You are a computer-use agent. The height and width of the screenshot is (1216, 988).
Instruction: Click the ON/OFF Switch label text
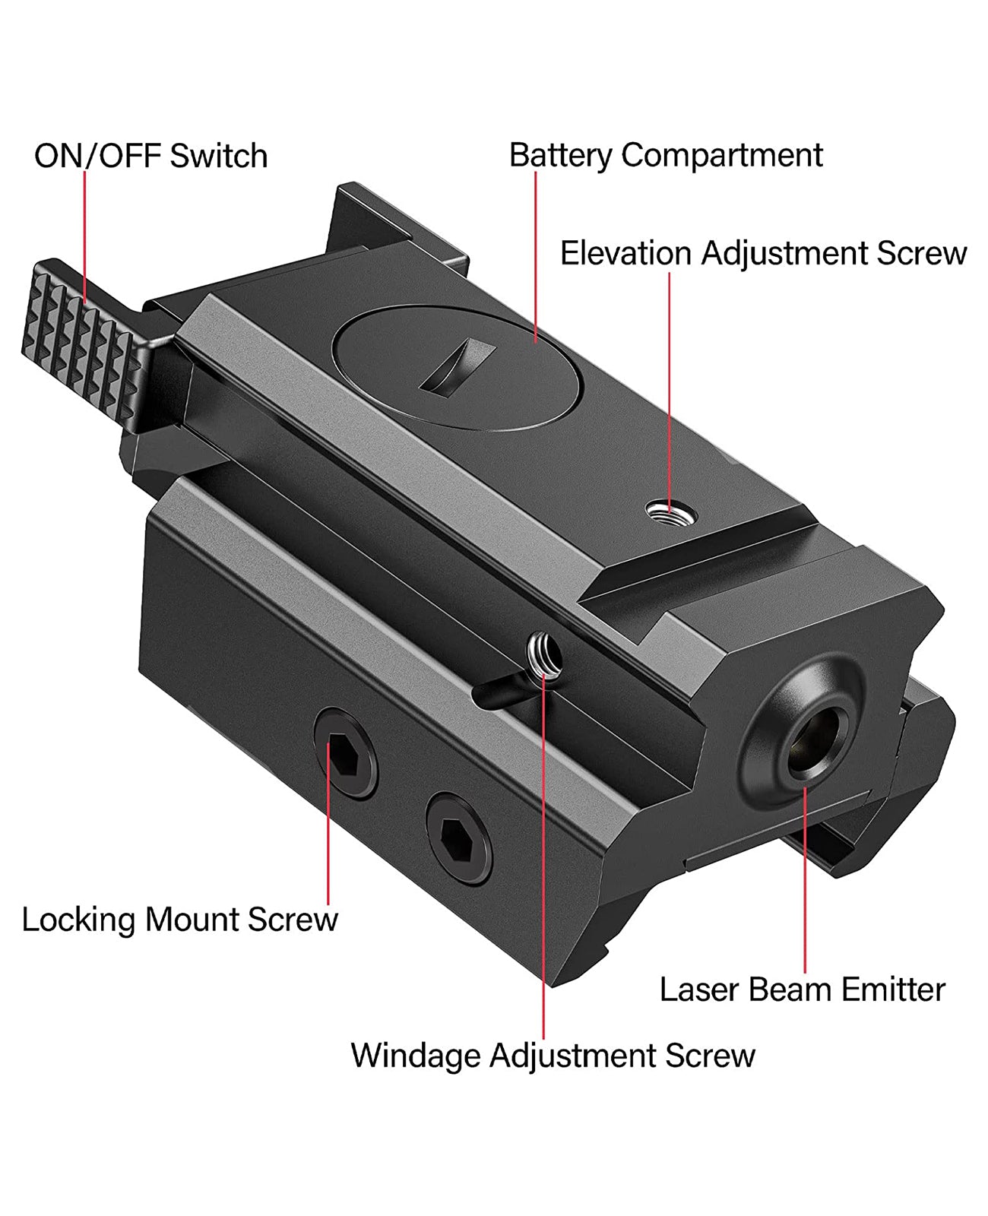[150, 156]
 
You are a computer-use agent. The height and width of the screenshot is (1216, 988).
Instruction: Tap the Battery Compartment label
[666, 155]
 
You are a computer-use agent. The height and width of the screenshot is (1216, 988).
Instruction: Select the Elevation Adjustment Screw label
[763, 253]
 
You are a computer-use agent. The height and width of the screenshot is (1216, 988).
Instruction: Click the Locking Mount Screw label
[179, 919]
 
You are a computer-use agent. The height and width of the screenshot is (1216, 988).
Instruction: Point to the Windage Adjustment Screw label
[553, 1056]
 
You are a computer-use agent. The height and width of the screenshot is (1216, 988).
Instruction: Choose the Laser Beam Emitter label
[802, 990]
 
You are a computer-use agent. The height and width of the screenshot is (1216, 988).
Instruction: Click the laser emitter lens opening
[817, 741]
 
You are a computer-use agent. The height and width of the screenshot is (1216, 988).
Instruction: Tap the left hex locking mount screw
[347, 752]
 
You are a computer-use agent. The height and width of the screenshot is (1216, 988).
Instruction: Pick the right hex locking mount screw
[458, 838]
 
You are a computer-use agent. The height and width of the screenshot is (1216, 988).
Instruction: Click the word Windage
[416, 1056]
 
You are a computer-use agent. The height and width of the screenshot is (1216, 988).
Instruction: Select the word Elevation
[625, 253]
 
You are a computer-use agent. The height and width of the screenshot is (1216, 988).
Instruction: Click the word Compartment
[721, 155]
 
